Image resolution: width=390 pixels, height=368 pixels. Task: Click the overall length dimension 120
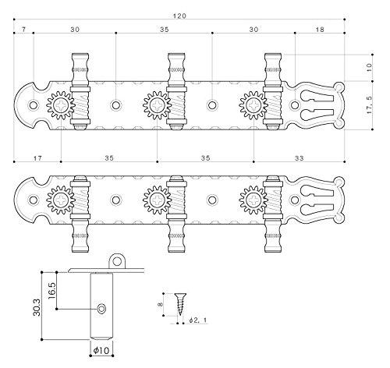[x=181, y=16]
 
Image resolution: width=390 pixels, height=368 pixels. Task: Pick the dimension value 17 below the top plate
[x=37, y=157]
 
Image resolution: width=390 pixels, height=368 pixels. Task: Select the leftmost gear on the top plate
[x=60, y=104]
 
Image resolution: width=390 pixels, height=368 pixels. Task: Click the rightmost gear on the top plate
[x=253, y=104]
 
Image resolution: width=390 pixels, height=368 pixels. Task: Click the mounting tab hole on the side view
[x=119, y=260]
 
